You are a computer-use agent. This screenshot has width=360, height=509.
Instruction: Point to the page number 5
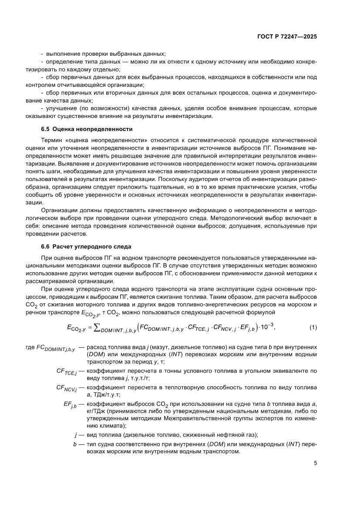point(315,463)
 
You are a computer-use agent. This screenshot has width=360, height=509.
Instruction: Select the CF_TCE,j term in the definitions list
point(67,371)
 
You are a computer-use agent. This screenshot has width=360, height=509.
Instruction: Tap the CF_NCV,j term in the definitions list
point(66,387)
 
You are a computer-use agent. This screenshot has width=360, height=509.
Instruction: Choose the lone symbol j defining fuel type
point(76,435)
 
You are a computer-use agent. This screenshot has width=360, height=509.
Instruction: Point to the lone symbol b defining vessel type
point(75,444)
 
